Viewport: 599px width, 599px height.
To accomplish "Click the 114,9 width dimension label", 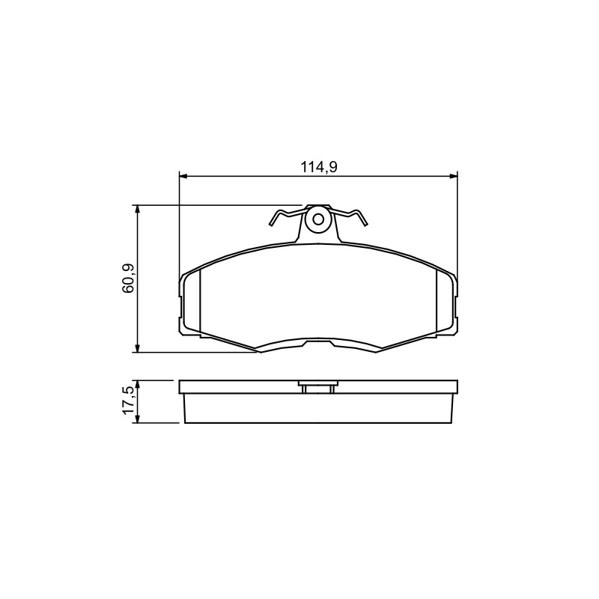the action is click(x=319, y=167).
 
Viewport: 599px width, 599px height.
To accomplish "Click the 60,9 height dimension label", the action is click(x=128, y=279).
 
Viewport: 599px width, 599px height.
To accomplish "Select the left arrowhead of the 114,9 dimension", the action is click(x=183, y=176).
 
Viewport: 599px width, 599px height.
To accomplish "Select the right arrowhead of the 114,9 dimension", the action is click(x=454, y=176).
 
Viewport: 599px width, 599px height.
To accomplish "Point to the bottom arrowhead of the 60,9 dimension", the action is click(x=137, y=348).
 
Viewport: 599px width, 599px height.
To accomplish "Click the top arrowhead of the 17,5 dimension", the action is click(x=137, y=385).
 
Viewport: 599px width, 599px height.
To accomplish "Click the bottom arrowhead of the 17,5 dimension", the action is click(x=137, y=419).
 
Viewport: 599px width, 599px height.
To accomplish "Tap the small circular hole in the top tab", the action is click(x=318, y=219).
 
